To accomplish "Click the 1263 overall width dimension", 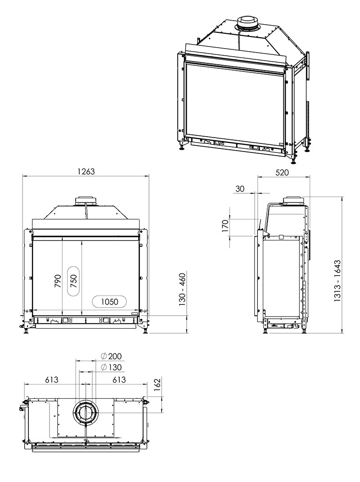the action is (x=86, y=171).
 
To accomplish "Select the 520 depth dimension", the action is (x=282, y=173).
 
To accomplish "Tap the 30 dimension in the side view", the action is (x=240, y=188).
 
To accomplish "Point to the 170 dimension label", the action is (x=225, y=226).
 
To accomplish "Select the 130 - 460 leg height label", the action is (x=182, y=289).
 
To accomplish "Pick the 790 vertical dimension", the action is (x=58, y=281).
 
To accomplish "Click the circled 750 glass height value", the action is (x=73, y=281).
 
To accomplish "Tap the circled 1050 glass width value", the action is (x=109, y=302).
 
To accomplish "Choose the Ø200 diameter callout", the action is (x=112, y=356).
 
